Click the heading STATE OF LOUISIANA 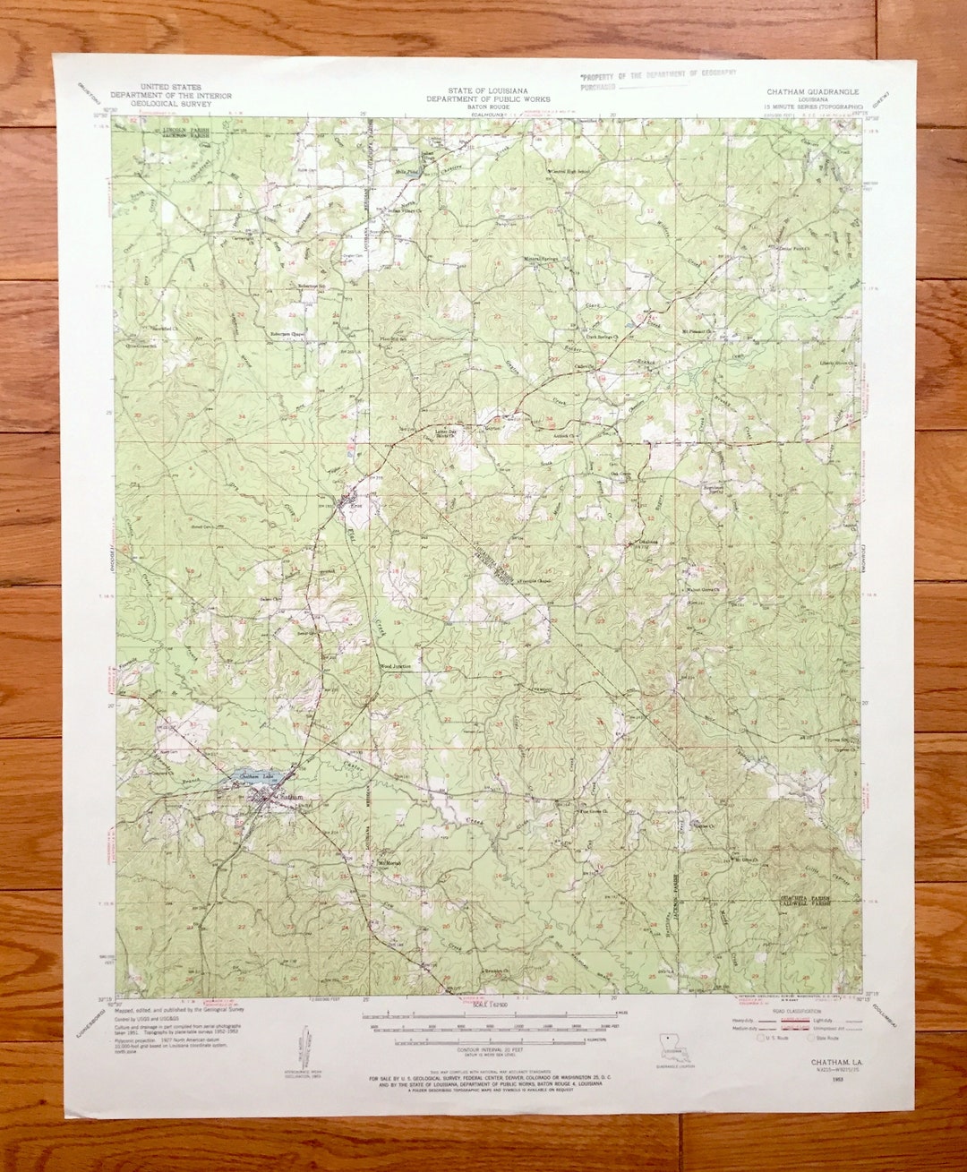tap(488, 91)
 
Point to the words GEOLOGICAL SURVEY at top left tap(170, 104)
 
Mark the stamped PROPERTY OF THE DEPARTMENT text tap(658, 75)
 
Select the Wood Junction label tap(396, 666)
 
